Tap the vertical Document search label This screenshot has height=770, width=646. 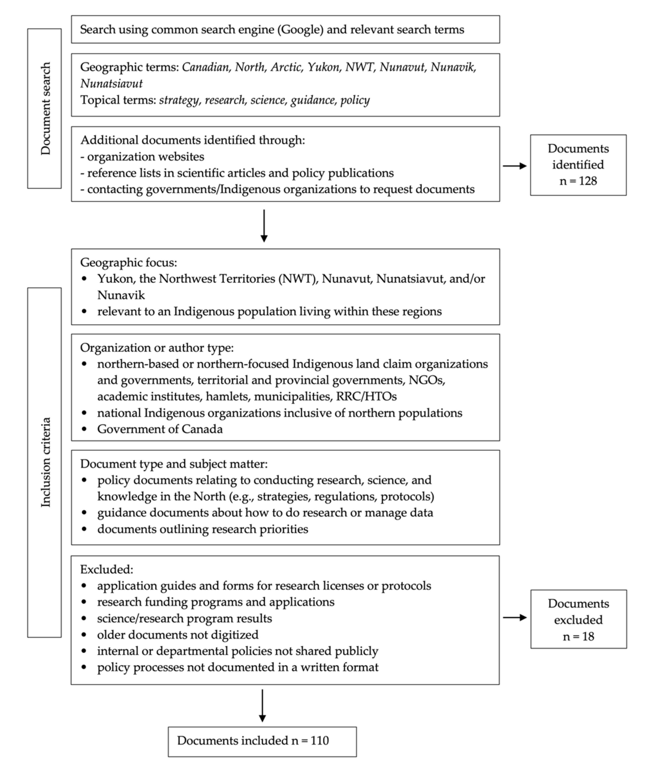click(x=45, y=109)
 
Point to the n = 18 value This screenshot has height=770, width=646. click(x=578, y=636)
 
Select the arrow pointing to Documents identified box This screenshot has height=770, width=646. click(x=514, y=166)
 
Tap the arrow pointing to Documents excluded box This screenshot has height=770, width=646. click(x=514, y=618)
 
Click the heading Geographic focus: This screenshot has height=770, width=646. click(x=128, y=263)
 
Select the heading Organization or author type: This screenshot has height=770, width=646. click(x=157, y=348)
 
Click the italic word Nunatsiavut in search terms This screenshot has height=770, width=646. click(x=111, y=84)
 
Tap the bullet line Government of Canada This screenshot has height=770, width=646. click(x=160, y=429)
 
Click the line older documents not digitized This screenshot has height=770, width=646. click(x=178, y=635)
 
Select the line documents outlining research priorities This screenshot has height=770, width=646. click(x=202, y=529)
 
